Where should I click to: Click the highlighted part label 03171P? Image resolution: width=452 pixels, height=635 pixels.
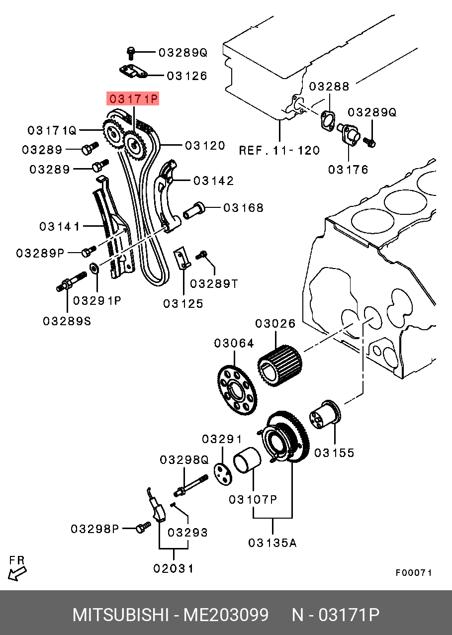[x=133, y=98]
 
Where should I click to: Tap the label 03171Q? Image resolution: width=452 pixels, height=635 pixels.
[x=52, y=130]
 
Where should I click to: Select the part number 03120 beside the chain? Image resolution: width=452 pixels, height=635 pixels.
[x=205, y=146]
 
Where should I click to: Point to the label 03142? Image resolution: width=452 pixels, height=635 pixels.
[x=213, y=181]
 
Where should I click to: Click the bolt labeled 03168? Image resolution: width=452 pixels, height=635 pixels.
[x=193, y=211]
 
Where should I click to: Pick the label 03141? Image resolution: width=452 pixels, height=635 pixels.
[x=60, y=227]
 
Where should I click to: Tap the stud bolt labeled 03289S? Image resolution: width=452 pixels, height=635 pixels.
[x=72, y=281]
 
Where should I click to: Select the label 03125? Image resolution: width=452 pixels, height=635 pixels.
[x=183, y=304]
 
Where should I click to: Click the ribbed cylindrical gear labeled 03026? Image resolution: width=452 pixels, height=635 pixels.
[x=280, y=366]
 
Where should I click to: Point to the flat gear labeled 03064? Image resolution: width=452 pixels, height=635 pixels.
[x=237, y=391]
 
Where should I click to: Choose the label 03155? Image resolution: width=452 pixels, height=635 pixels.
[x=334, y=453]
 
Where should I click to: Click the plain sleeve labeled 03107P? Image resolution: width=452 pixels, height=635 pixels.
[x=247, y=460]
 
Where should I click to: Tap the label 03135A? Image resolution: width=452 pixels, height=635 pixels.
[x=272, y=543]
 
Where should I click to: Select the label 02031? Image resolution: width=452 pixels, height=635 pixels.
[x=174, y=568]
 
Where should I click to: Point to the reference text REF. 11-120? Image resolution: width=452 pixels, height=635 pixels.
[x=279, y=150]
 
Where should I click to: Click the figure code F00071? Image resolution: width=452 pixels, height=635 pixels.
[x=414, y=573]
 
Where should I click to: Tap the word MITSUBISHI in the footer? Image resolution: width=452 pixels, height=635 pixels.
[x=121, y=615]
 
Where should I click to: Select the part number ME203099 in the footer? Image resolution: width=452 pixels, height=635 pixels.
[x=226, y=615]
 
